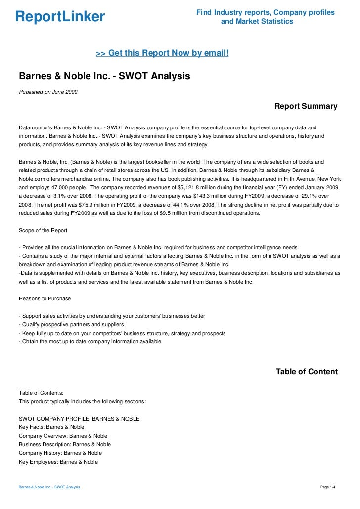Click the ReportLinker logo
click(60, 17)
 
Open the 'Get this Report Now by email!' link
click(162, 52)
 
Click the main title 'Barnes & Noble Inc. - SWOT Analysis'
click(104, 77)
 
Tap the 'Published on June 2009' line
click(48, 92)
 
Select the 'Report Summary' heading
click(306, 106)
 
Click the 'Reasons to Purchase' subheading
click(45, 298)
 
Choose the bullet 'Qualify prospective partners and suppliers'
click(71, 324)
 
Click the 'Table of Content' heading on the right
click(307, 371)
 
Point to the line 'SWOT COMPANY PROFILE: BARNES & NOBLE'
click(79, 419)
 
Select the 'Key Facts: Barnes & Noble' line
click(51, 427)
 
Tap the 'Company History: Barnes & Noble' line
click(60, 453)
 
